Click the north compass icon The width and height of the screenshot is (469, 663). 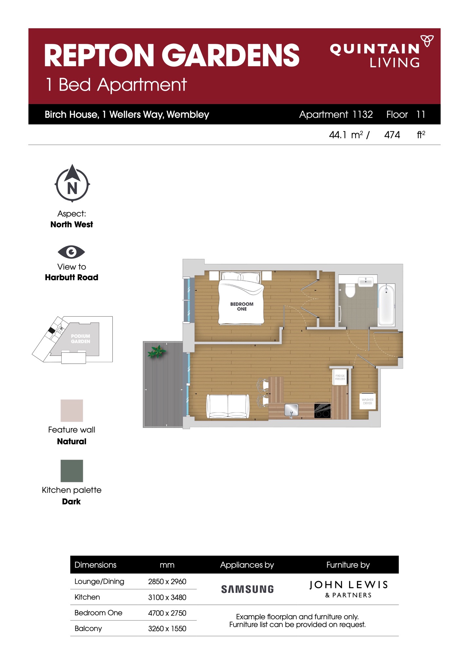[72, 183]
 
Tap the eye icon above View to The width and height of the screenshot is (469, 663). [71, 252]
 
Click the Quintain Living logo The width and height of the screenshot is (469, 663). [382, 52]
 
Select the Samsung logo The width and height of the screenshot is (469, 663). [247, 589]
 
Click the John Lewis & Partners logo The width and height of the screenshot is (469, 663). [348, 589]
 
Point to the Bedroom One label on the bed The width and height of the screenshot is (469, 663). [242, 306]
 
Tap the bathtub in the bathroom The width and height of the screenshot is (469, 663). [386, 305]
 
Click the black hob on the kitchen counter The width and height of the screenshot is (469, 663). [322, 411]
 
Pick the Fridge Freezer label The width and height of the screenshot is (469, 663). [340, 377]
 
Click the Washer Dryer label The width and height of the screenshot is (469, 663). [367, 401]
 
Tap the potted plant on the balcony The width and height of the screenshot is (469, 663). [157, 351]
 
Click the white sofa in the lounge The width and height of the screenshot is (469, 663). [228, 406]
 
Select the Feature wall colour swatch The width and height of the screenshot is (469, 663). [72, 411]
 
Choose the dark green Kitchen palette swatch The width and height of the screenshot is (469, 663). [72, 471]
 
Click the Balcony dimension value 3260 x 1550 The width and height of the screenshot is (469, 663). [167, 628]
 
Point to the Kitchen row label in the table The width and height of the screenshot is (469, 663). [87, 597]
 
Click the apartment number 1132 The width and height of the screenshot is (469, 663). [363, 114]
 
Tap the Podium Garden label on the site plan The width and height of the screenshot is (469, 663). [81, 339]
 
